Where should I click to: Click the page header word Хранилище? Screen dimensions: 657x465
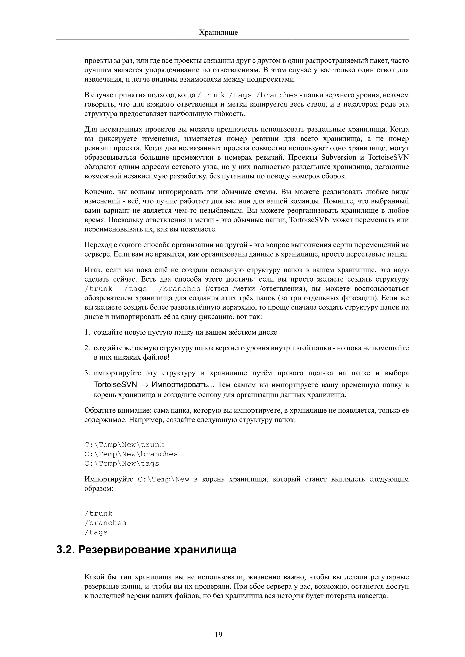[x=218, y=32]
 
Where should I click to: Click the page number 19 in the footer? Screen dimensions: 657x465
[x=218, y=635]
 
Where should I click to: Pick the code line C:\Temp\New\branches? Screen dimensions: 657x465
[x=131, y=454]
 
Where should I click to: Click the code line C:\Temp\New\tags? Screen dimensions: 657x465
[x=121, y=464]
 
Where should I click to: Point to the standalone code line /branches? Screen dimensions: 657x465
[x=105, y=523]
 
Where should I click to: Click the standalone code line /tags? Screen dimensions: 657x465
[x=96, y=532]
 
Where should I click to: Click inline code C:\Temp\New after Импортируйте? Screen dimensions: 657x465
[x=163, y=479]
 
